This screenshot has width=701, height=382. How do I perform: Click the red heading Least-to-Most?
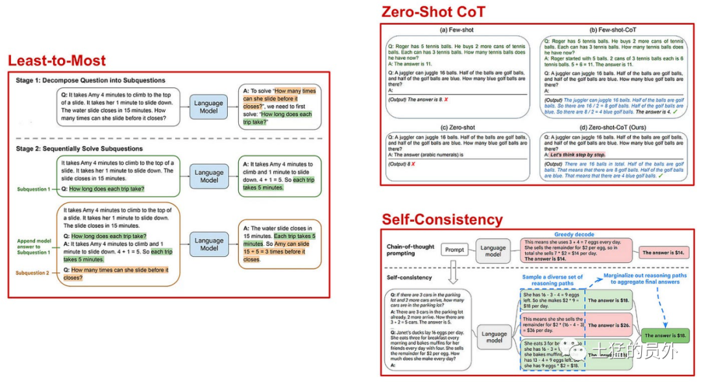click(x=56, y=61)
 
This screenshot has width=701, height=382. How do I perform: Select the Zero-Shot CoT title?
click(x=433, y=12)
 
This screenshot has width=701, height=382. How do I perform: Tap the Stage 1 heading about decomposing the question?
click(x=91, y=80)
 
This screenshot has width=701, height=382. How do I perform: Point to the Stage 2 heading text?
click(x=79, y=149)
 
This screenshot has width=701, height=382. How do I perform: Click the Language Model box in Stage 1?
click(x=209, y=107)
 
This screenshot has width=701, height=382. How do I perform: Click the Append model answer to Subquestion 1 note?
click(x=34, y=246)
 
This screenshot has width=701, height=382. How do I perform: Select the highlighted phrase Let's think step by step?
click(x=578, y=155)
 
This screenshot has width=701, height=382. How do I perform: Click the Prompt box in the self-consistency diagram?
click(x=454, y=249)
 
